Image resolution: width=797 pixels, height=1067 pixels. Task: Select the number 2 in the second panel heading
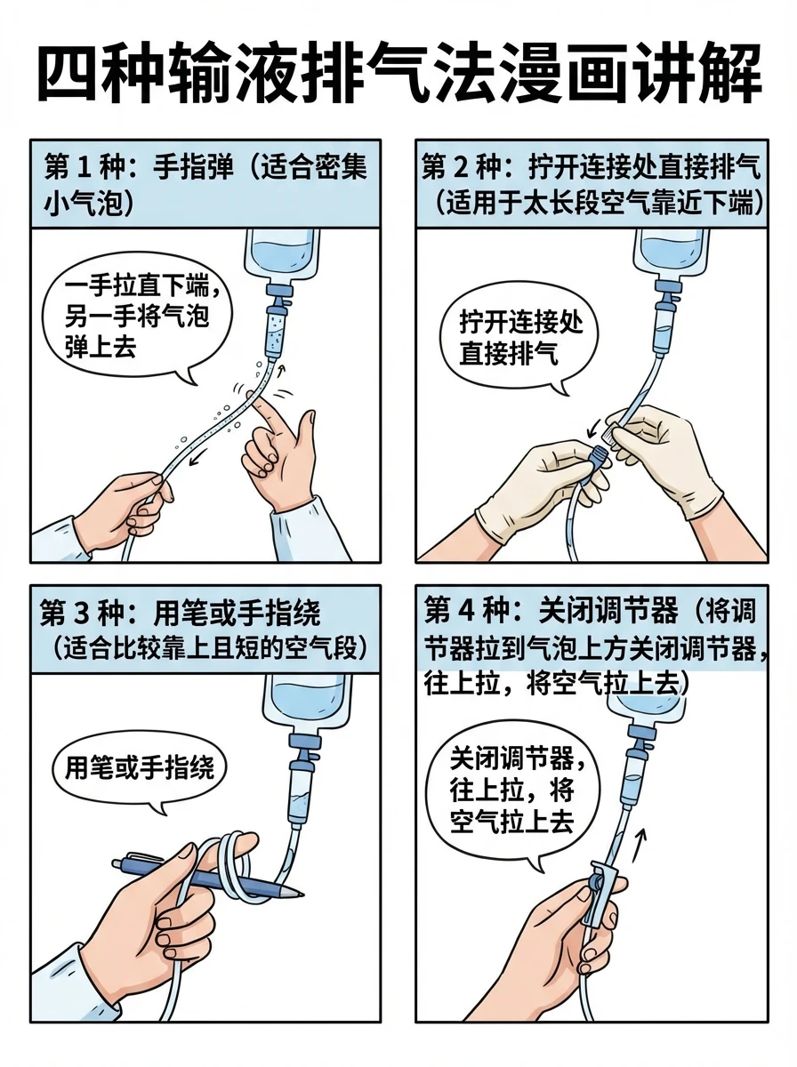pyautogui.click(x=482, y=168)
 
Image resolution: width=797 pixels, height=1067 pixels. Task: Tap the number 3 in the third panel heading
pyautogui.click(x=103, y=614)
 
